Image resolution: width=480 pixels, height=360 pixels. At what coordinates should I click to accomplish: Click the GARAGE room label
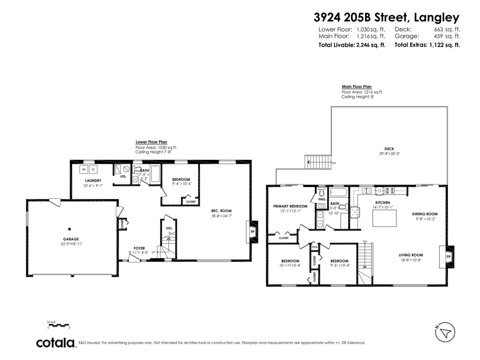point(70,239)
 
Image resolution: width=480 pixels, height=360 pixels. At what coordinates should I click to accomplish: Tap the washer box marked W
point(84,169)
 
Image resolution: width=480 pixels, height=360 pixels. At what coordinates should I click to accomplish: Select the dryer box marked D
point(93,169)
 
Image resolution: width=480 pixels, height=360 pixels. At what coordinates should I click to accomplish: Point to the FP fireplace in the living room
point(448,256)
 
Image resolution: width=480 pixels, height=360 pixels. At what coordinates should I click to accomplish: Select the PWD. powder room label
point(322,199)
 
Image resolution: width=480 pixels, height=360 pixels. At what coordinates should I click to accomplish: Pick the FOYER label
point(139,248)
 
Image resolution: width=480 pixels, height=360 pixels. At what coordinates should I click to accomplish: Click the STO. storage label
point(169,228)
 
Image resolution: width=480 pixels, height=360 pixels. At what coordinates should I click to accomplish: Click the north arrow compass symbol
point(445,332)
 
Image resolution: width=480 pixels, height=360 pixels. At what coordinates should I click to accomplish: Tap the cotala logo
point(56,343)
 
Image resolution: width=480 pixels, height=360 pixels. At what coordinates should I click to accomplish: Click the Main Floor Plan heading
point(356,86)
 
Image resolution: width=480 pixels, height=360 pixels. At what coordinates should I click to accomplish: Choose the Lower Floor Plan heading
point(151,142)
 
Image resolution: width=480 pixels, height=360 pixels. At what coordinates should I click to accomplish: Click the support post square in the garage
point(70,229)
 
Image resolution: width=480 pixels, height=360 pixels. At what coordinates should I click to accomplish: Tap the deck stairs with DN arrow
point(319,162)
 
